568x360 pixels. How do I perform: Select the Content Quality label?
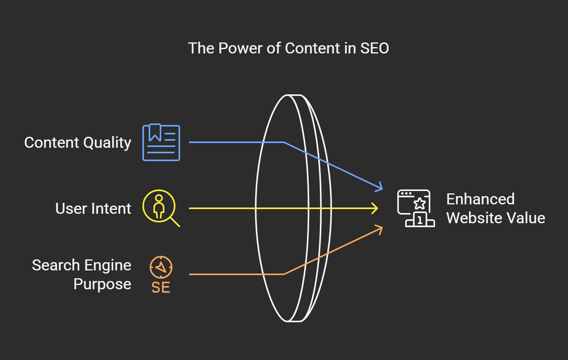coord(77,143)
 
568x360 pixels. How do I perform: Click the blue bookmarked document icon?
coord(161,143)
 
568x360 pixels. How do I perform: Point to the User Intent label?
coord(93,209)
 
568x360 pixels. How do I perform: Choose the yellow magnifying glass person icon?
coord(159,206)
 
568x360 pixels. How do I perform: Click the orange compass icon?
coord(161,268)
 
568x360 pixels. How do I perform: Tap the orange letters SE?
coord(161,288)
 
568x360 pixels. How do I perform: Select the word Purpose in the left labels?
coord(102,284)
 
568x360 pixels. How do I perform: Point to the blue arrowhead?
coord(380,187)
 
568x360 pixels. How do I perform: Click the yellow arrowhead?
coord(375,208)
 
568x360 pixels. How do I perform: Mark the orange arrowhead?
coord(380,229)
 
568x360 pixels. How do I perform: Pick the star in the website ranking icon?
coord(420,204)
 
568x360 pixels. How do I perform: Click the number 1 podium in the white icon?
coord(420,220)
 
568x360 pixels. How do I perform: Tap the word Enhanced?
coord(480,199)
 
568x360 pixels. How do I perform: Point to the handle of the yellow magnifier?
coord(175,222)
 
